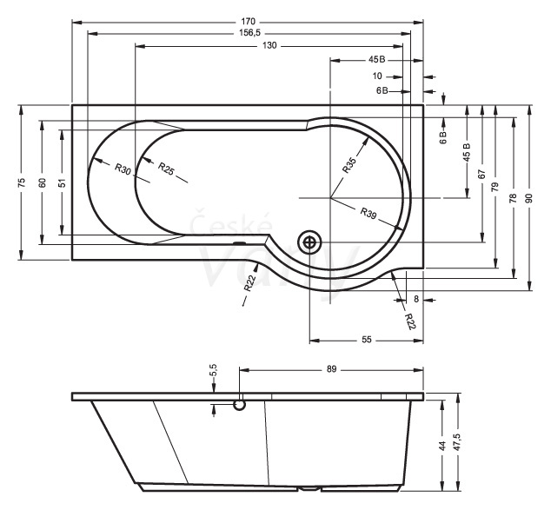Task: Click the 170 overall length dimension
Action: (248, 22)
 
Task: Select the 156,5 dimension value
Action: (249, 33)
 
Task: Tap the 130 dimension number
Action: (269, 46)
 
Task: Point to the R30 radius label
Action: (123, 169)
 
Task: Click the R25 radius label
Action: (166, 169)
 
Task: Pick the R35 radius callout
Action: (349, 165)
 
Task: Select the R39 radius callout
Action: (368, 213)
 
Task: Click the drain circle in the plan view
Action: (309, 242)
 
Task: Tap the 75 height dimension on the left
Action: (22, 182)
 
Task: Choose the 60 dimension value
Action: (43, 182)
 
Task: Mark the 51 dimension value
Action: (63, 183)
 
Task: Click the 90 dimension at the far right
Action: (529, 198)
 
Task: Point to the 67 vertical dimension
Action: (481, 175)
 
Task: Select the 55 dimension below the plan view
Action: (367, 340)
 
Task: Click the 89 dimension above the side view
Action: (331, 369)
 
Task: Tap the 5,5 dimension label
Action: (214, 370)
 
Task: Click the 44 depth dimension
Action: (442, 446)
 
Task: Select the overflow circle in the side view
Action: (240, 406)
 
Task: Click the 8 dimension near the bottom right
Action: (416, 299)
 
